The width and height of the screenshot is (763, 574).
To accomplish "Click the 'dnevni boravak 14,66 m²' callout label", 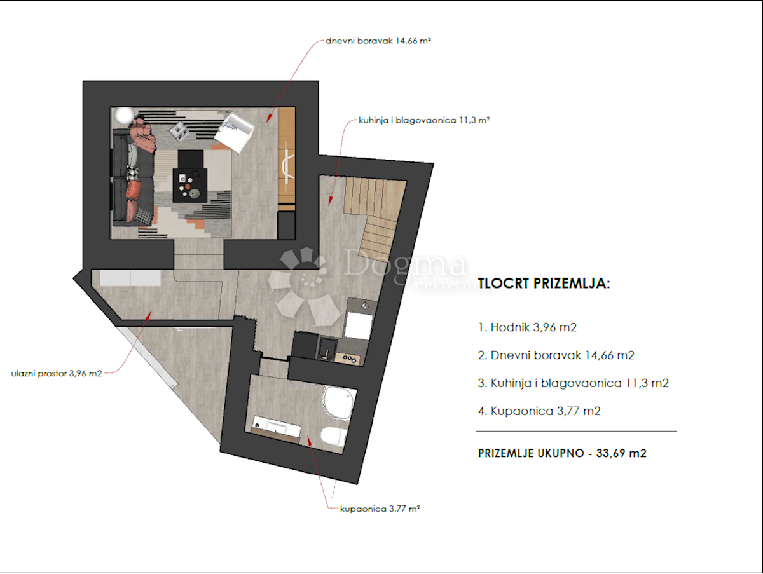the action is [x=378, y=41].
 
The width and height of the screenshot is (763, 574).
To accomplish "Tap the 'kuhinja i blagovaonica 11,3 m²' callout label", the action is [x=424, y=120].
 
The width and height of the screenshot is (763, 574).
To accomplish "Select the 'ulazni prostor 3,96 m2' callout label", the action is [x=57, y=374].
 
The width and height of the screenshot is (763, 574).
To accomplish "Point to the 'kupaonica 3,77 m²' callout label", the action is [x=380, y=509].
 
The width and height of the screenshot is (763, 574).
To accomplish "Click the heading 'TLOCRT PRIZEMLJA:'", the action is [x=544, y=284].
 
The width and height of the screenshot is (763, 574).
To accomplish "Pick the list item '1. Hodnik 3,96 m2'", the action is [x=527, y=327].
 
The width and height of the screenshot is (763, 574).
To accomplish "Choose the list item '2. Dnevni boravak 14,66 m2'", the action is [x=556, y=355].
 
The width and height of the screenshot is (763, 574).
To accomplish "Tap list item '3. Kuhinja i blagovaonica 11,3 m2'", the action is [x=574, y=383].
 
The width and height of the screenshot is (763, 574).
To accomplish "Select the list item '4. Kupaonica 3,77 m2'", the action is [x=539, y=411].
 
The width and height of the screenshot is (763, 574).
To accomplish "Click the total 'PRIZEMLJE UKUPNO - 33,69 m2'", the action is [x=562, y=453].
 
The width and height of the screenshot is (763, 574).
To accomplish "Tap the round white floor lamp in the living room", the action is [x=125, y=115].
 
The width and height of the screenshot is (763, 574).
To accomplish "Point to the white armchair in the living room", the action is [x=234, y=132].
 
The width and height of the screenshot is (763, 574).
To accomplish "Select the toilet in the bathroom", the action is [x=334, y=436].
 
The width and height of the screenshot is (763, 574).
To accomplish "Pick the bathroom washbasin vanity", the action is [x=276, y=429].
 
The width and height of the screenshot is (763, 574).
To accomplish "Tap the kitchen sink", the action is [x=327, y=348].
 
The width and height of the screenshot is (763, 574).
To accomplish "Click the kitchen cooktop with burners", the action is [x=348, y=359].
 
